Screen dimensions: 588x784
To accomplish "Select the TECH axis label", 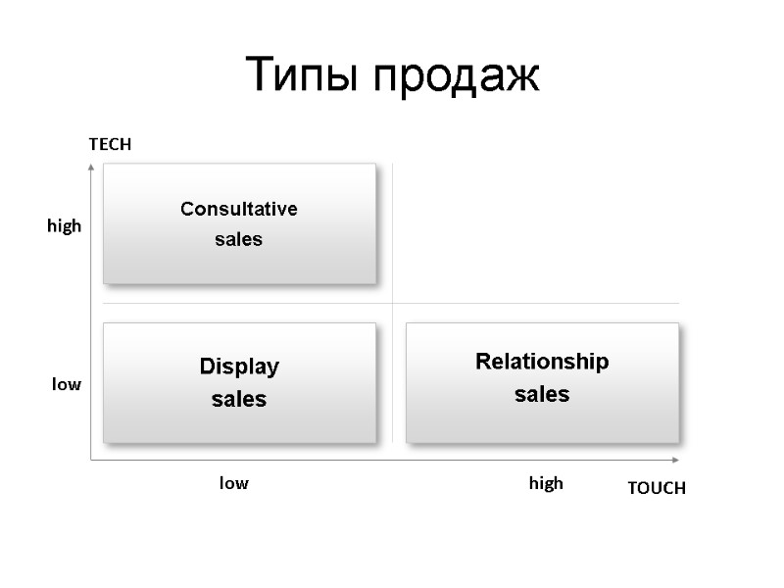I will pyautogui.click(x=110, y=144).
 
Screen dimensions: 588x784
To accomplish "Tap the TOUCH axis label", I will pyautogui.click(x=657, y=488).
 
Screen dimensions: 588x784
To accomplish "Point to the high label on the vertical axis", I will pyautogui.click(x=65, y=226).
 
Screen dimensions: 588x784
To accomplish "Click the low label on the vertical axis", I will pyautogui.click(x=67, y=385).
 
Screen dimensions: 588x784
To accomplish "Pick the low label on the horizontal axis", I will pyautogui.click(x=233, y=483).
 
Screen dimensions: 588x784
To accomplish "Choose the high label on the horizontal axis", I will pyautogui.click(x=546, y=483).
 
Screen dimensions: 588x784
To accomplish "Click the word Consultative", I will pyautogui.click(x=239, y=209).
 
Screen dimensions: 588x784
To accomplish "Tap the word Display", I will pyautogui.click(x=239, y=367).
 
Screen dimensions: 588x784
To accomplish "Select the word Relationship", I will pyautogui.click(x=542, y=362).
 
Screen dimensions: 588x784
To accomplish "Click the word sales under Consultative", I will pyautogui.click(x=239, y=239).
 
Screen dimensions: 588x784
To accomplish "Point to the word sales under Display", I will pyautogui.click(x=239, y=400).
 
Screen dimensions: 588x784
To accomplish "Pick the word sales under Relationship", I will pyautogui.click(x=542, y=395).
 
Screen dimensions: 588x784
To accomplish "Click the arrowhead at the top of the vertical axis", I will pyautogui.click(x=90, y=167).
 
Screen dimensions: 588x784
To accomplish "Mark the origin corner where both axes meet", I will pyautogui.click(x=90, y=459).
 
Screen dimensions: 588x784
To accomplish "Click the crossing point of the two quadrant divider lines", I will pyautogui.click(x=392, y=303).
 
